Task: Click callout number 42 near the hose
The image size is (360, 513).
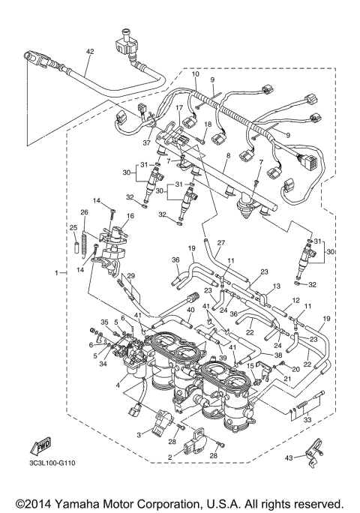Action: click(90, 52)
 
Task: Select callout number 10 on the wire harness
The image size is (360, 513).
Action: click(195, 74)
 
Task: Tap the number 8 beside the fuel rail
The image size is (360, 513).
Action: click(228, 155)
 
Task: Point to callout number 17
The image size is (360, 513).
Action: click(180, 107)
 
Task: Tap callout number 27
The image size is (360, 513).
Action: click(221, 242)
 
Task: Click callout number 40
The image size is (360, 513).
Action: click(191, 310)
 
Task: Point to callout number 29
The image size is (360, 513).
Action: click(130, 277)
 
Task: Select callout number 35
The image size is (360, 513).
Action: click(105, 322)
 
